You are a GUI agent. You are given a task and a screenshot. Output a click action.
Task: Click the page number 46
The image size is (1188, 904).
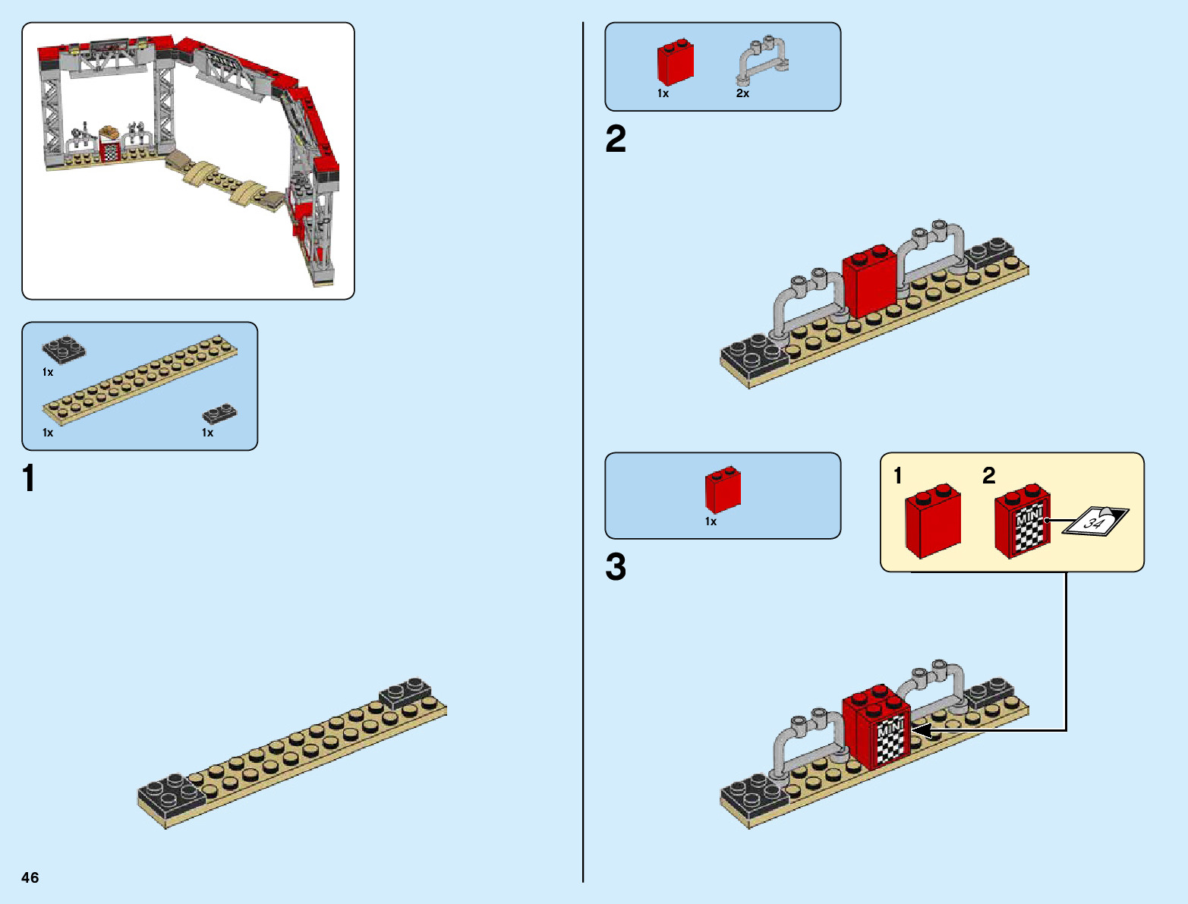[x=30, y=877]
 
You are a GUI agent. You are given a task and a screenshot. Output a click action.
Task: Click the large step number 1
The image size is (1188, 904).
[x=29, y=479]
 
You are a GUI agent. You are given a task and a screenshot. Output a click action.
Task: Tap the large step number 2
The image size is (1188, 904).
[x=616, y=140]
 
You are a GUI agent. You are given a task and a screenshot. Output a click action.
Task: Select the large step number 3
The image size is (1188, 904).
[x=616, y=567]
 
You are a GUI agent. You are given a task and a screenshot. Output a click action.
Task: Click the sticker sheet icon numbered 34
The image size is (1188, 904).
[x=1095, y=521]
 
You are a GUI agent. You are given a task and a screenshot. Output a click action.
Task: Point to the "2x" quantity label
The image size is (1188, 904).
[x=742, y=93]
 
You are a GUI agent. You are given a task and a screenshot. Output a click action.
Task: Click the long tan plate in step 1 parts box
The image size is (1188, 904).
[x=140, y=376]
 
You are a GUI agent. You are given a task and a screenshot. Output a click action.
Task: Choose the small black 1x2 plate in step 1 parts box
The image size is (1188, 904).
[x=219, y=414]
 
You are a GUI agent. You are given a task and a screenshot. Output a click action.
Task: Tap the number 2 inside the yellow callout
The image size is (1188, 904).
[x=988, y=476]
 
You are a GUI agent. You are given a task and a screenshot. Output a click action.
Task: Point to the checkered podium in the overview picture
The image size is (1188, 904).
[x=111, y=148]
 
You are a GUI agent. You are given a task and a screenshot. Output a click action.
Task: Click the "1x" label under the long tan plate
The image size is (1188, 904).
[x=48, y=433]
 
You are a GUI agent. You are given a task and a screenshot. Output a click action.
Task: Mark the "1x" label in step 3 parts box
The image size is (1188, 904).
[x=711, y=521]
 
